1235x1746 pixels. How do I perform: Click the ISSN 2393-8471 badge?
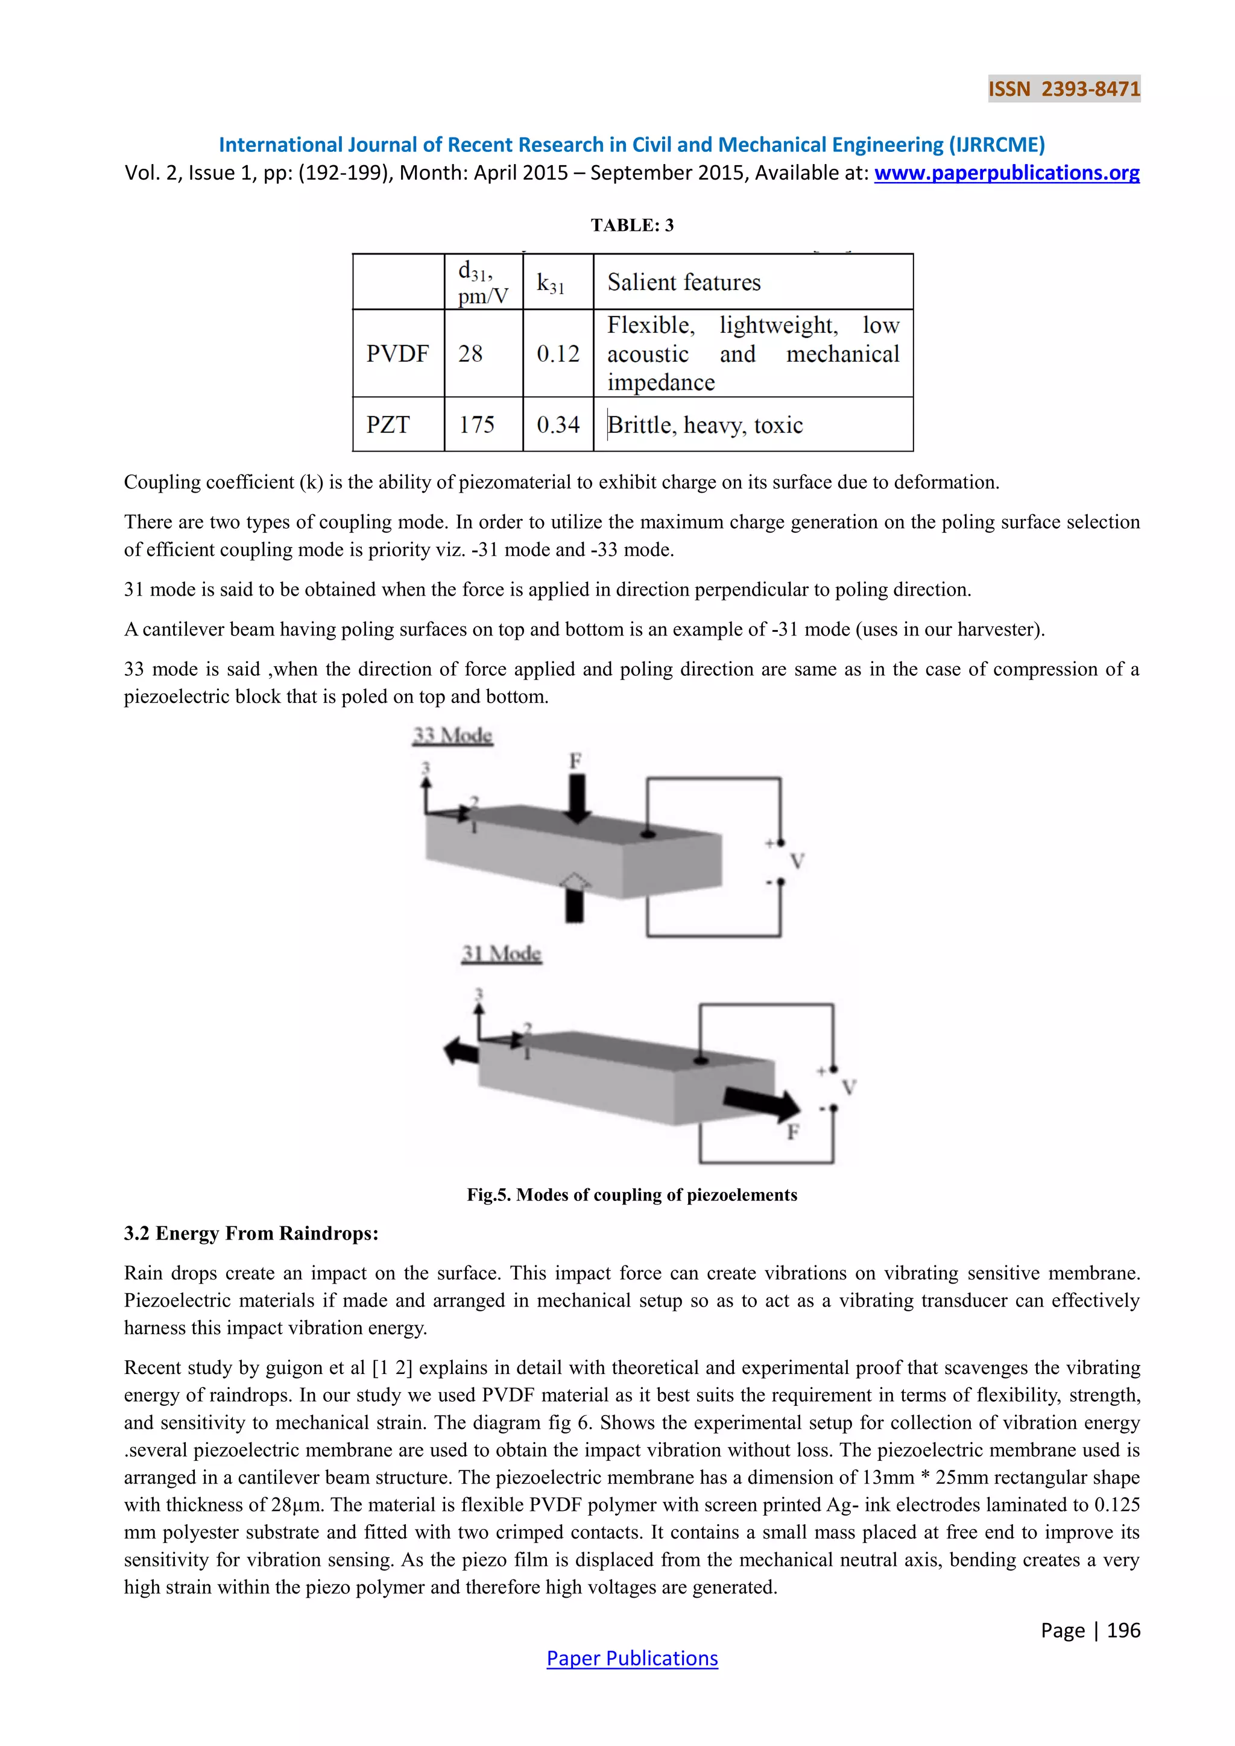[1064, 89]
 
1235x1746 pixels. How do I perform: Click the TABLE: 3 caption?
[632, 225]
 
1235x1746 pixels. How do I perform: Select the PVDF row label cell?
[398, 354]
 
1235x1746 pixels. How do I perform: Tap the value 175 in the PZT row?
[477, 424]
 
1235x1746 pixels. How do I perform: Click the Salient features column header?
[684, 282]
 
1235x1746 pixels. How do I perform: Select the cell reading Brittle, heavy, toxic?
[705, 424]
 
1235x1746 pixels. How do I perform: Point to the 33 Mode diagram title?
[452, 736]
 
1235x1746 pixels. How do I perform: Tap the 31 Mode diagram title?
[501, 954]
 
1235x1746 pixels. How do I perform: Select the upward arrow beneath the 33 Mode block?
[575, 897]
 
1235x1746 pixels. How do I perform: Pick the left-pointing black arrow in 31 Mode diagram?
[461, 1051]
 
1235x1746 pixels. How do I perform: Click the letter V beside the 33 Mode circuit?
[797, 862]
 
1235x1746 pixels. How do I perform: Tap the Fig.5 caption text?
[632, 1195]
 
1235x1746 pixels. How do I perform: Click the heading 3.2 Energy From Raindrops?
[251, 1234]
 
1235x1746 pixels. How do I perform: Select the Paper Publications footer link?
[632, 1658]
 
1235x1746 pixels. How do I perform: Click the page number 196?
[1123, 1630]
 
